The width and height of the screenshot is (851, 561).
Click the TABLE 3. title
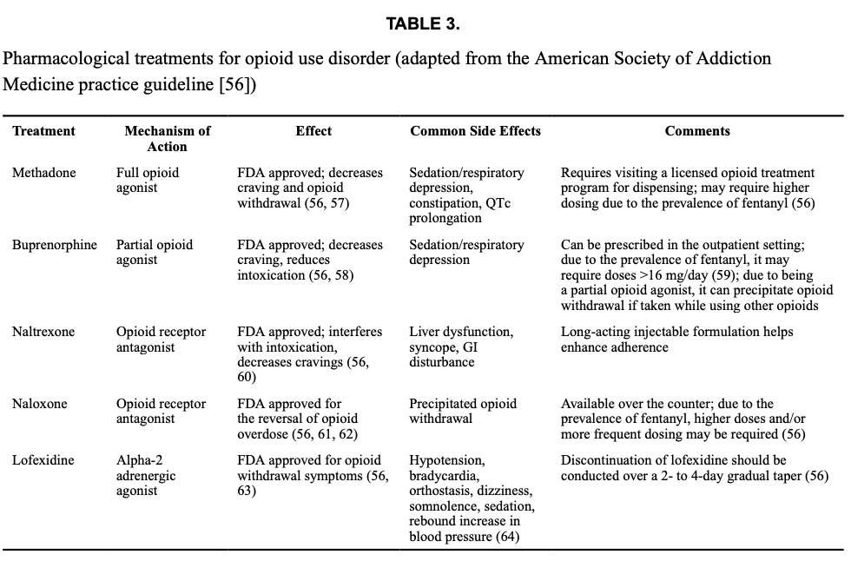click(x=423, y=24)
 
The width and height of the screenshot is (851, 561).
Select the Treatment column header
click(x=43, y=131)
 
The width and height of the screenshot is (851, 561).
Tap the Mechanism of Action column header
click(x=168, y=139)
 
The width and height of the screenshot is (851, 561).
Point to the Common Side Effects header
click(x=475, y=131)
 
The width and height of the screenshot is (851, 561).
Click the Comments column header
click(x=697, y=131)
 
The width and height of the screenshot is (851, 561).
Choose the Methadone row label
click(x=43, y=173)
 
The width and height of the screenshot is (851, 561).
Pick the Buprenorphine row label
click(x=55, y=245)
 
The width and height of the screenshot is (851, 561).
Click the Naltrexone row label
click(x=43, y=332)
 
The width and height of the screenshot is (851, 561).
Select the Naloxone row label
click(x=39, y=404)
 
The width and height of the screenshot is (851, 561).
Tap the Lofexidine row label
click(x=43, y=460)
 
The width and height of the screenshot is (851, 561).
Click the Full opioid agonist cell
click(x=148, y=180)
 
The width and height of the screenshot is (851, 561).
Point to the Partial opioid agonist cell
click(x=155, y=252)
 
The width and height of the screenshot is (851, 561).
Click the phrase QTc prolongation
click(x=460, y=210)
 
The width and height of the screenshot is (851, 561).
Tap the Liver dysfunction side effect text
click(x=460, y=332)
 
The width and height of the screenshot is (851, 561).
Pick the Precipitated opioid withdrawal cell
click(x=463, y=411)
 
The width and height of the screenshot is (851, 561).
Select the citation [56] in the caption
click(x=236, y=86)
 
